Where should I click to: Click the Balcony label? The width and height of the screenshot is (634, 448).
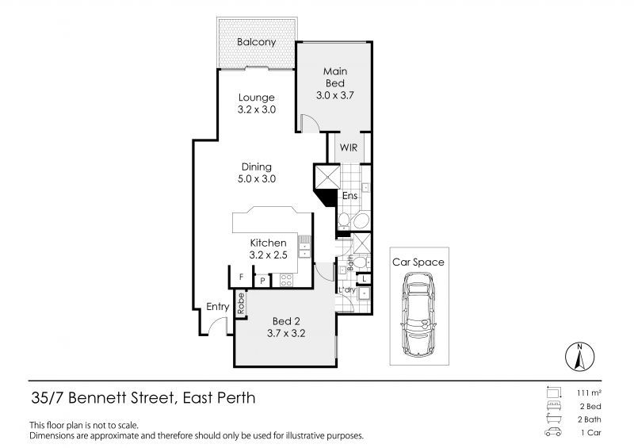coord(257,42)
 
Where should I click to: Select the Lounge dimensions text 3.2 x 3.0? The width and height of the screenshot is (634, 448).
coord(257,110)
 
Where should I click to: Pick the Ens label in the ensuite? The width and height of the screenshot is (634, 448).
coord(349,195)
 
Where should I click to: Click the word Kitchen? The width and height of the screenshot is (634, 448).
coord(268,243)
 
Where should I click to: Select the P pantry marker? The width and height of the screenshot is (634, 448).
coord(262,280)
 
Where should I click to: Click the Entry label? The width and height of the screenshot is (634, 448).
coord(218,307)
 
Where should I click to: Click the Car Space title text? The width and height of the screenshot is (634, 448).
coord(418,262)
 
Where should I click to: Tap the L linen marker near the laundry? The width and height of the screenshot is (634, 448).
coord(364,278)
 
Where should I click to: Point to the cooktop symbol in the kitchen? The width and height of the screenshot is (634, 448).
coord(286,279)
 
